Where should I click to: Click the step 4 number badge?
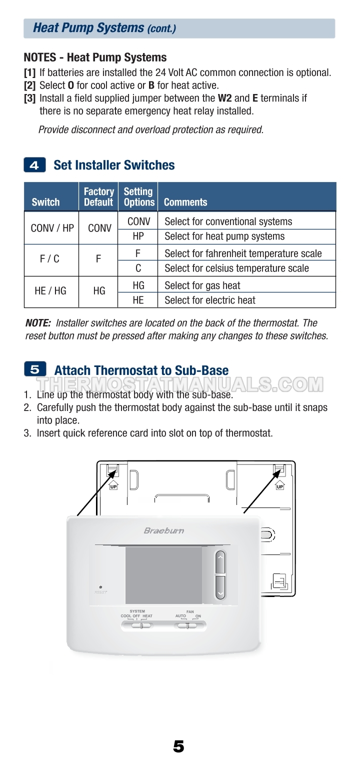34,165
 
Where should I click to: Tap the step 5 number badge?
35,369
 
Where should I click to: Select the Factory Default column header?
98,196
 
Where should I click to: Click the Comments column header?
185,202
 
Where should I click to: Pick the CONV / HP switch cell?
52,228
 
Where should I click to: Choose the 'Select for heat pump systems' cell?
224,236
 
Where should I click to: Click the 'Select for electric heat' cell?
210,300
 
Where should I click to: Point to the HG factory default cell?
99,290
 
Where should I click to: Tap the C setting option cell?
138,268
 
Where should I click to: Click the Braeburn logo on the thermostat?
164,530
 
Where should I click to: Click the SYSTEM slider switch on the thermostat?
140,625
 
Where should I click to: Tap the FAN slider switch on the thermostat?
187,625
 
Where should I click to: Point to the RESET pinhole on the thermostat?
100,587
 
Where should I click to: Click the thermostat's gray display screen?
163,575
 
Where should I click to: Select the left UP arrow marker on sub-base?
113,484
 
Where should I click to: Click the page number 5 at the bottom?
178,746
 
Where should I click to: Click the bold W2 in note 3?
224,98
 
